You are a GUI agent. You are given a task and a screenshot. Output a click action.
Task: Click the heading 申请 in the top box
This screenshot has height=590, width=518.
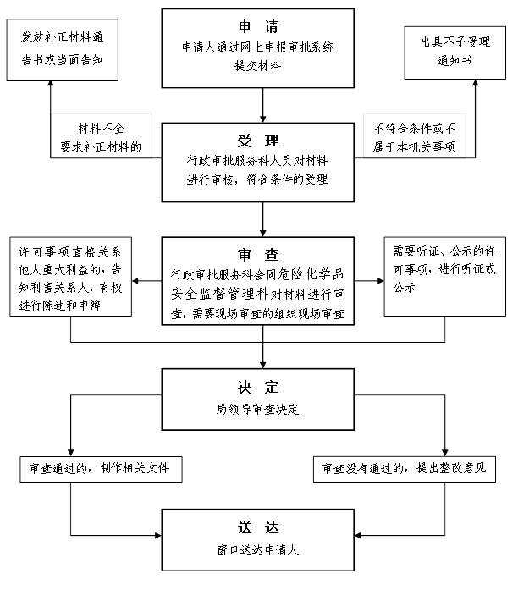[258, 25]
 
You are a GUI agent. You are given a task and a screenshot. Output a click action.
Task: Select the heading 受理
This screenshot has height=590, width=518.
[258, 141]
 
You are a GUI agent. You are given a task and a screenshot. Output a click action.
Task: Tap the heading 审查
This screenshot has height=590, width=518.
[258, 254]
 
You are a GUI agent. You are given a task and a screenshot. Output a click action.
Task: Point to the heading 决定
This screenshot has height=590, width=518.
[258, 388]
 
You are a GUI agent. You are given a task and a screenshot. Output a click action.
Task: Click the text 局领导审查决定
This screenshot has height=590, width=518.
[258, 410]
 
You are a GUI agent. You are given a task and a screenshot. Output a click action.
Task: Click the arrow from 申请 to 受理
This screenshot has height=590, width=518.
[263, 104]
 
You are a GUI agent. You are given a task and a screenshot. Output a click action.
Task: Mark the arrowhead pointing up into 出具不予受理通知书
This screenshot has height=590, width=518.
[477, 81]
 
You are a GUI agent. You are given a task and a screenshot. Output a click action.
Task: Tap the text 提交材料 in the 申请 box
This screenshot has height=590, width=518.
[258, 65]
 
